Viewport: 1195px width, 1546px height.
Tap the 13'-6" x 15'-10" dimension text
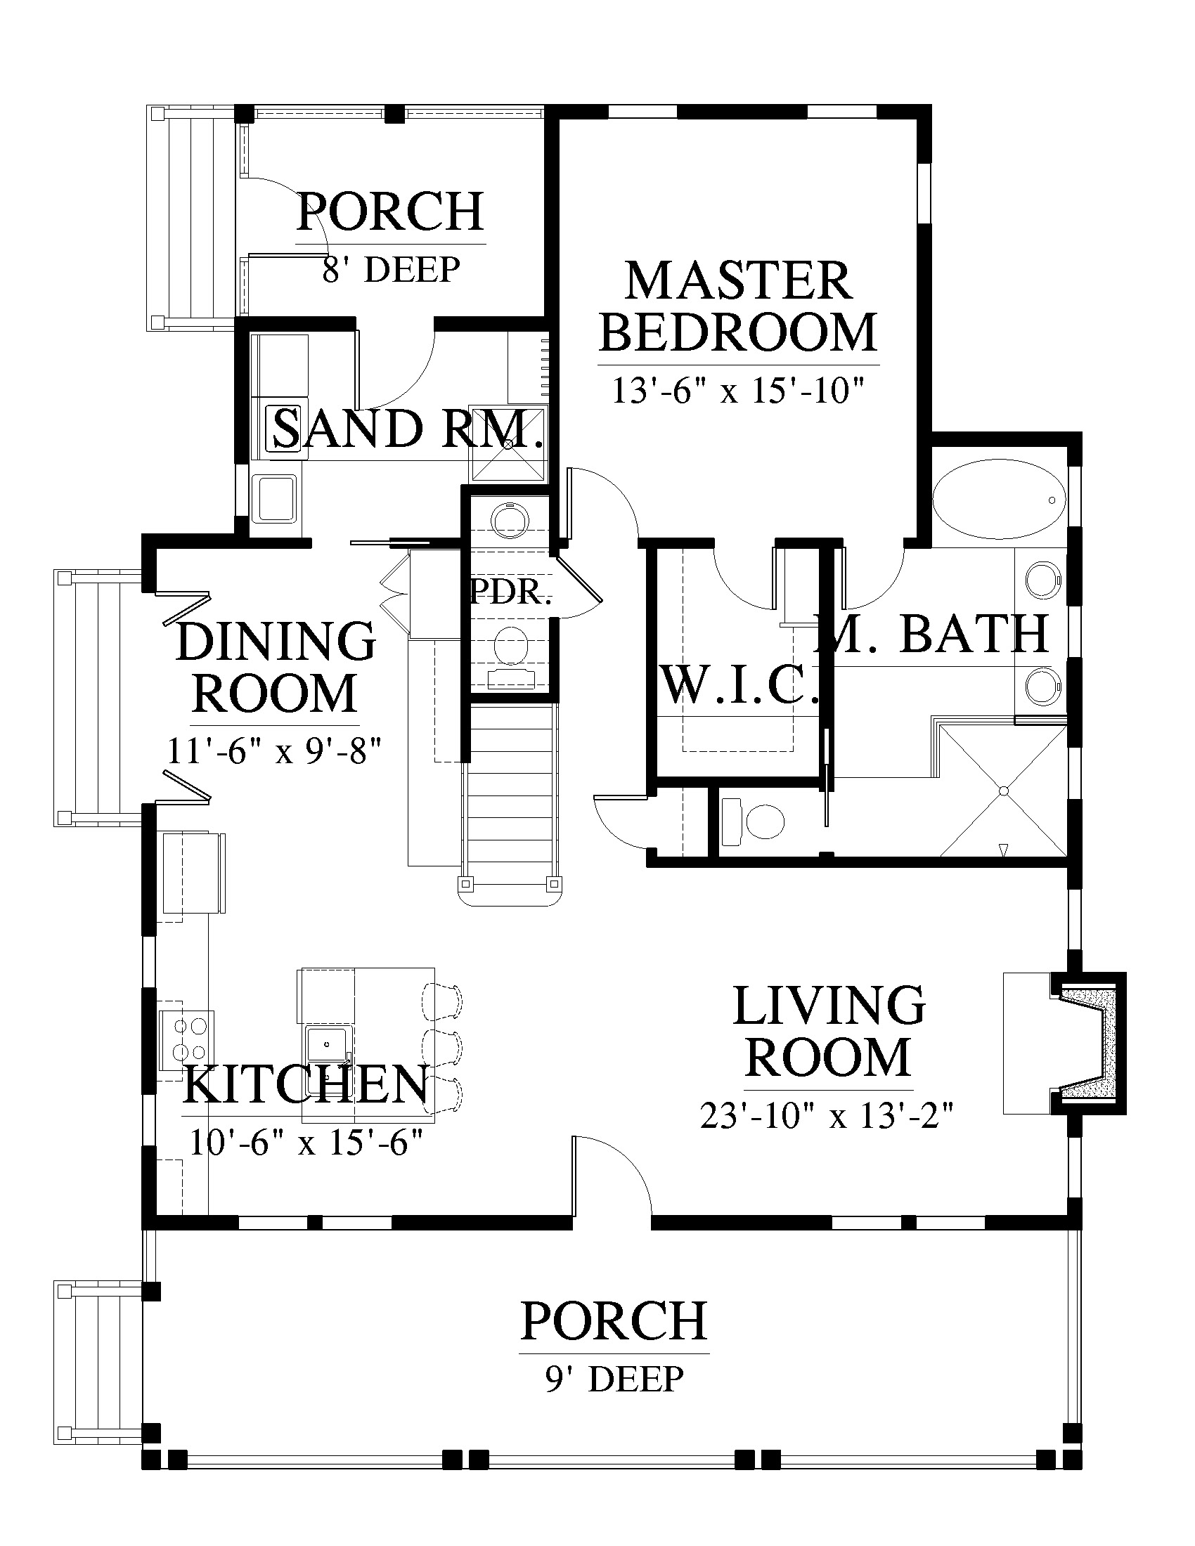[x=738, y=390]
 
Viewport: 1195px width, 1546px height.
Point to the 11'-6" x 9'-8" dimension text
[x=274, y=751]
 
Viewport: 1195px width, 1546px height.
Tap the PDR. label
[x=510, y=592]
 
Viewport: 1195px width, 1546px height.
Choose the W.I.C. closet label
[x=738, y=684]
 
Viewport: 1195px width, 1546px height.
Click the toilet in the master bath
[x=754, y=822]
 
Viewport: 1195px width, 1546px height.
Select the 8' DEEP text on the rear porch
[x=392, y=269]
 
